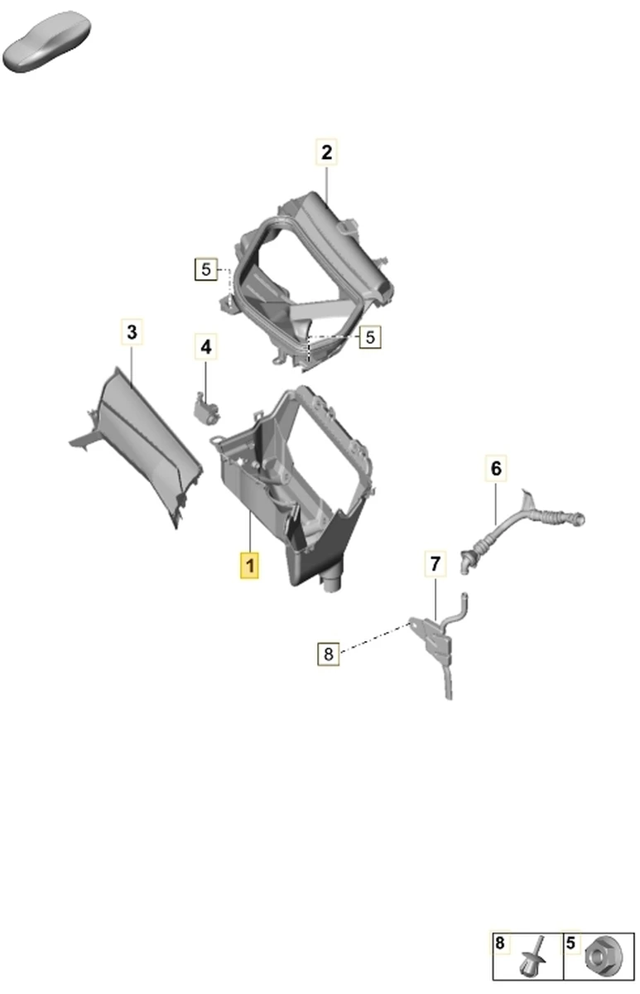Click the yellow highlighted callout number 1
[250, 565]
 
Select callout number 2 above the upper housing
[326, 152]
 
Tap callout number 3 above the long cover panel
[132, 332]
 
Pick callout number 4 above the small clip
[206, 346]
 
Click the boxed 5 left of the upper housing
[206, 269]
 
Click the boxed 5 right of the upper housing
[370, 337]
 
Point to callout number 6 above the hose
[496, 468]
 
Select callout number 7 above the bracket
[435, 563]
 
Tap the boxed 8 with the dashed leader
[328, 654]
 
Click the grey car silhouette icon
[47, 41]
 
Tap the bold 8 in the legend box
[500, 943]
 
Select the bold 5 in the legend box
[570, 943]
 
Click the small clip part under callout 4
[207, 408]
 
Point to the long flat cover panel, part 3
[142, 444]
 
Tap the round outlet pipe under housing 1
[332, 581]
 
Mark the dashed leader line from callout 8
[375, 638]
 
